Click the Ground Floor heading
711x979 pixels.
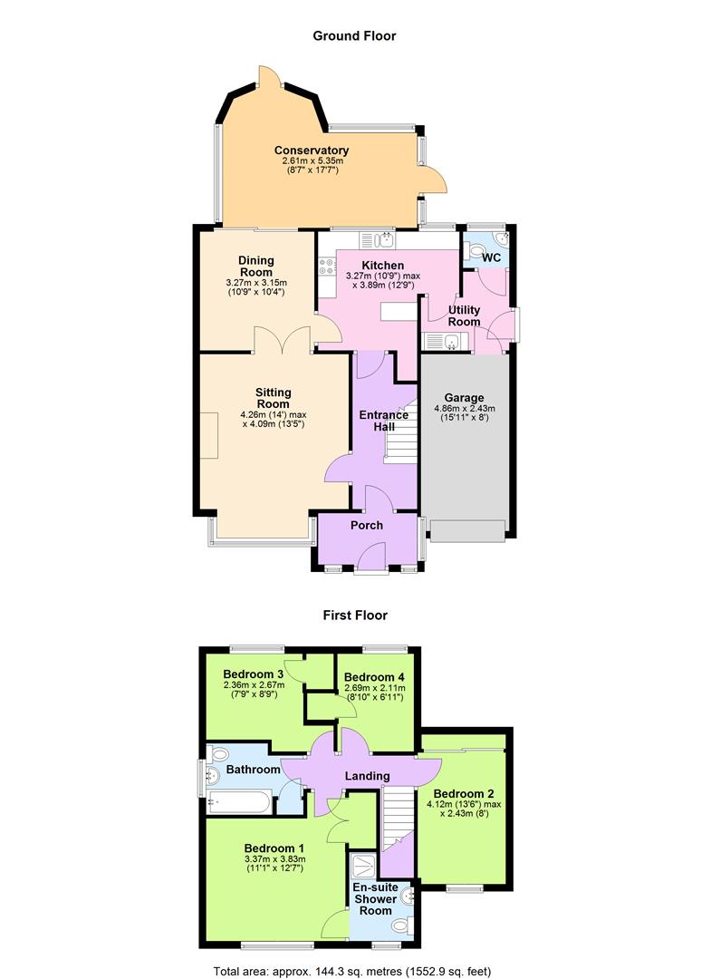point(354,36)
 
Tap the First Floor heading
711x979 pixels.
point(355,615)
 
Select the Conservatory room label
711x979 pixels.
point(312,150)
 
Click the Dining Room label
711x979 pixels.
point(255,267)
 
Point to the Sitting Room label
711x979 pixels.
point(273,398)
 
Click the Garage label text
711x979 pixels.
point(464,398)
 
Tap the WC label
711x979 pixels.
point(492,257)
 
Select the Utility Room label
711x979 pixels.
point(464,315)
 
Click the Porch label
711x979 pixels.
point(366,525)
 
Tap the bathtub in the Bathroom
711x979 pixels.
point(238,800)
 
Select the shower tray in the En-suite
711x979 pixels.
point(366,865)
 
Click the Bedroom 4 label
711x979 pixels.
point(374,677)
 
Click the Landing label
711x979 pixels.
point(366,776)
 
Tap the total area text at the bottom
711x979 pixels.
point(352,971)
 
